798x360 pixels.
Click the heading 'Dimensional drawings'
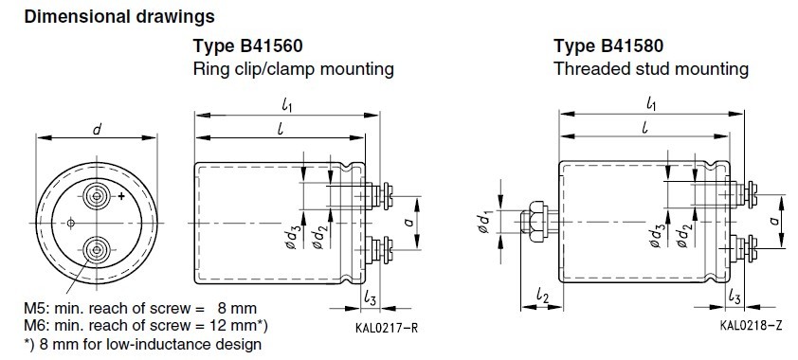tap(119, 17)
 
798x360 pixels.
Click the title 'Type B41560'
tap(248, 46)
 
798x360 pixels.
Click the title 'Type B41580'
tap(608, 46)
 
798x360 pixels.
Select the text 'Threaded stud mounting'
tap(651, 69)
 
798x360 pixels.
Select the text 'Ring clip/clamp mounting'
tap(293, 69)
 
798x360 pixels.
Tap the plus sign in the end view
tap(121, 196)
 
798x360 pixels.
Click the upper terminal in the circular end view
tap(96, 196)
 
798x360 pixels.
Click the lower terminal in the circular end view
tap(96, 250)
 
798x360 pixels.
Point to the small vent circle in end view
tap(71, 223)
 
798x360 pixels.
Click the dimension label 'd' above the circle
tap(96, 129)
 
